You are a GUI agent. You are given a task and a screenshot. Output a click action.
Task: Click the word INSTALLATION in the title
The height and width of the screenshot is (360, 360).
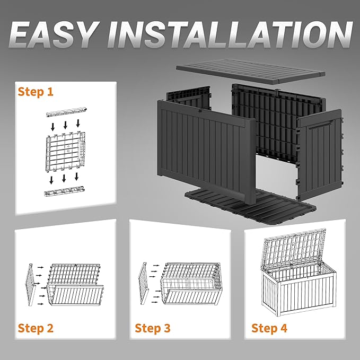[x=230, y=34]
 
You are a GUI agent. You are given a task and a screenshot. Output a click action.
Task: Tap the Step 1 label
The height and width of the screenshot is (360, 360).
[x=36, y=92]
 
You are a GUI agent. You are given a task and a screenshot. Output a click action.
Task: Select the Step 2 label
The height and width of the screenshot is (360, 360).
[x=36, y=328]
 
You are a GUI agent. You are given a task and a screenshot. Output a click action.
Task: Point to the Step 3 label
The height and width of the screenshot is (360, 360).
[x=153, y=328]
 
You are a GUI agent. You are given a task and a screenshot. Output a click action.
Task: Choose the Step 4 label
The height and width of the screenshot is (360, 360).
[x=269, y=328]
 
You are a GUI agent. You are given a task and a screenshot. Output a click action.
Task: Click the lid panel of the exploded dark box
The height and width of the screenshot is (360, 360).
[x=251, y=71]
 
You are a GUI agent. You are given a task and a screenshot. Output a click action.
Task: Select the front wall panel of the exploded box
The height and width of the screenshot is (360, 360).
[x=207, y=152]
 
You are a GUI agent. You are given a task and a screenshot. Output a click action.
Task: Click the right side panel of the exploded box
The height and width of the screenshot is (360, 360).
[x=320, y=156]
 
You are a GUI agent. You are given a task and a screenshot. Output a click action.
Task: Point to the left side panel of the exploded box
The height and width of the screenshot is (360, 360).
[x=188, y=98]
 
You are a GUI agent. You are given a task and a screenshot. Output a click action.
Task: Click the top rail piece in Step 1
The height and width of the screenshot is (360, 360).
[x=66, y=112]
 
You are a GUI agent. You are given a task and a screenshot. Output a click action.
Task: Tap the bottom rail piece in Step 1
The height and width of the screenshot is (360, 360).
[x=65, y=191]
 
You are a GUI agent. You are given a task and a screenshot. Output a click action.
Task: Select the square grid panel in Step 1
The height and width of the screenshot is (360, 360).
[x=66, y=152]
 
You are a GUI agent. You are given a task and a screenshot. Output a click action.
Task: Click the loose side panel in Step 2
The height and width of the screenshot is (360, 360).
[x=31, y=285]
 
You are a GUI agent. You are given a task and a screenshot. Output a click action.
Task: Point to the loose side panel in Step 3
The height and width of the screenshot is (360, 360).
[x=144, y=284]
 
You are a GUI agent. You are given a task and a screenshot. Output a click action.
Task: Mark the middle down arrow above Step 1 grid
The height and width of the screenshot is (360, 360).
[x=65, y=125]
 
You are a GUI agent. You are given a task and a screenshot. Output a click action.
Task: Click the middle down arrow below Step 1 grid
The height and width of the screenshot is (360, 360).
[x=64, y=178]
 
